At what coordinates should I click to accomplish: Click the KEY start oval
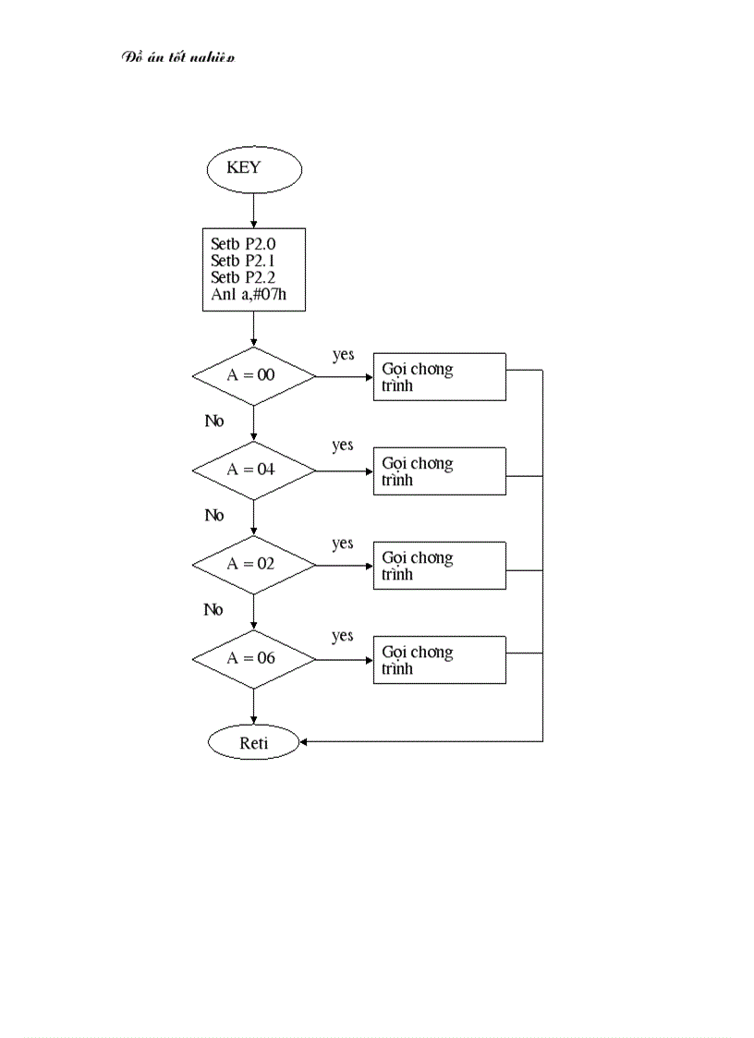[253, 168]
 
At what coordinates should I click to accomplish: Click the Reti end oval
[253, 742]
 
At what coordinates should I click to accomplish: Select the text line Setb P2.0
[243, 245]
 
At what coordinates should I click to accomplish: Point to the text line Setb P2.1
[243, 262]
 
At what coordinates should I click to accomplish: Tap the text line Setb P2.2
[243, 278]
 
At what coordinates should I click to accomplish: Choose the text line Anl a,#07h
[246, 296]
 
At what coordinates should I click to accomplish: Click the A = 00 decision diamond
[253, 376]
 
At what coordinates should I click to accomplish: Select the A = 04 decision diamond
[253, 470]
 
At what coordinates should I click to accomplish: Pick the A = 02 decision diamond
[253, 564]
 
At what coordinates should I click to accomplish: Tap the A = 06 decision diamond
[253, 659]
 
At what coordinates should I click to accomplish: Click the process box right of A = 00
[439, 376]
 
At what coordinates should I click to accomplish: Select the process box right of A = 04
[439, 470]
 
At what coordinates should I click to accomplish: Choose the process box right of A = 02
[439, 565]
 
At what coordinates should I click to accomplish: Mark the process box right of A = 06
[439, 659]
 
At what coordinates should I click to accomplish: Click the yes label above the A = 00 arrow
[343, 355]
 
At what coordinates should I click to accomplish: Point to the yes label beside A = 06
[343, 636]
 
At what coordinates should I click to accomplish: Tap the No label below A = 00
[214, 421]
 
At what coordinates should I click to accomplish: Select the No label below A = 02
[214, 609]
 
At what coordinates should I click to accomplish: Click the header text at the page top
[178, 57]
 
